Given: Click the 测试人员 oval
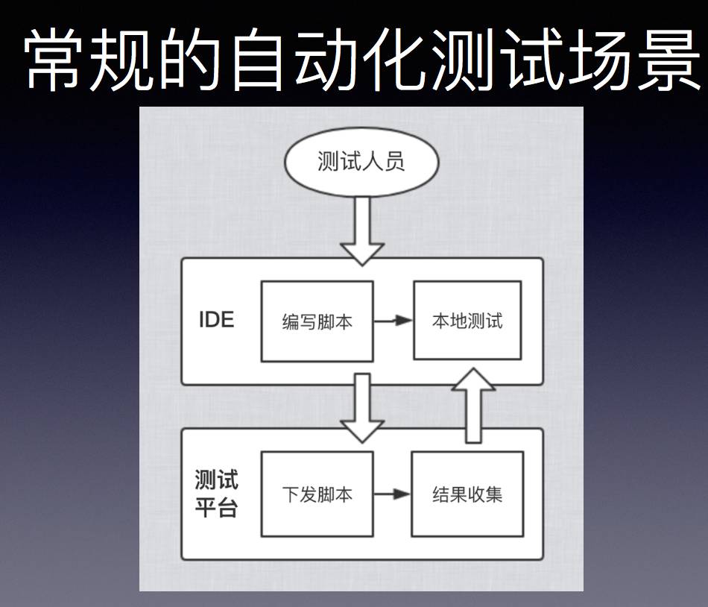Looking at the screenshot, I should pyautogui.click(x=361, y=163).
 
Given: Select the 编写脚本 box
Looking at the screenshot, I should pyautogui.click(x=317, y=321).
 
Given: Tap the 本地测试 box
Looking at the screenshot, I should pyautogui.click(x=467, y=321).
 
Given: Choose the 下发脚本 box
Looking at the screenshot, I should pyautogui.click(x=317, y=494).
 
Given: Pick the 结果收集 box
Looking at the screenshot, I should pyautogui.click(x=467, y=494).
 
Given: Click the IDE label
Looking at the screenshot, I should pyautogui.click(x=216, y=320).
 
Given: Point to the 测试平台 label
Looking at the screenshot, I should pyautogui.click(x=216, y=494).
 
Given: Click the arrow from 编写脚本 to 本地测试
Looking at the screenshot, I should pyautogui.click(x=393, y=321).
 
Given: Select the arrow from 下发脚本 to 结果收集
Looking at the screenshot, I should pyautogui.click(x=393, y=494).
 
